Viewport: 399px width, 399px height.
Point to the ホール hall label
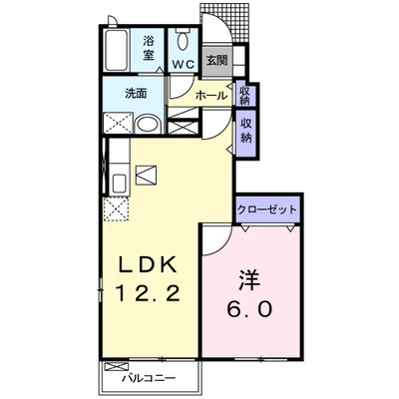click(x=208, y=96)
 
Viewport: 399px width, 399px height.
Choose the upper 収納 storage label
click(x=245, y=95)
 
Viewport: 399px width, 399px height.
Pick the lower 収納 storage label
click(x=245, y=130)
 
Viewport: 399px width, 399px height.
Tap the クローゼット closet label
click(x=267, y=211)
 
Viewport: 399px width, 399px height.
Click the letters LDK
click(x=150, y=266)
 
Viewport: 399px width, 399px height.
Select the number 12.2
click(x=150, y=296)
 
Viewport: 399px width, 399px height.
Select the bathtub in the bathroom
click(x=115, y=49)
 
